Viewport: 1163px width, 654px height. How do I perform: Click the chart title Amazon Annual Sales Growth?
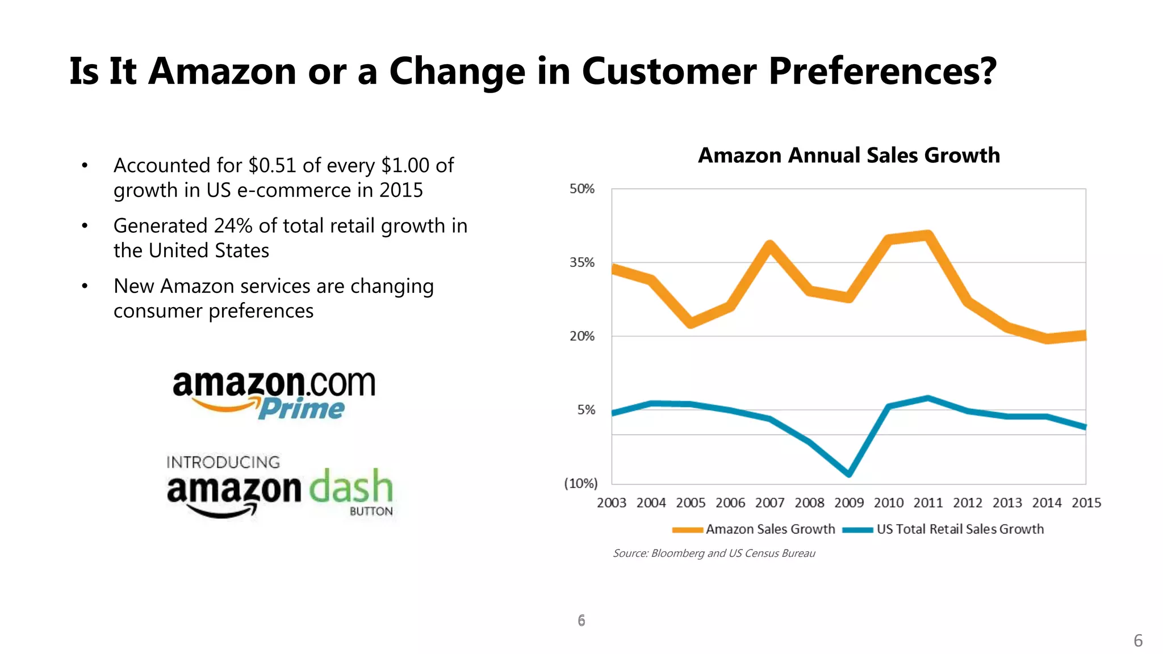(848, 156)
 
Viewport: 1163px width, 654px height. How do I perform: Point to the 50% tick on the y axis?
(582, 189)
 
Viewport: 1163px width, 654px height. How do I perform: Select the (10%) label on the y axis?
(580, 484)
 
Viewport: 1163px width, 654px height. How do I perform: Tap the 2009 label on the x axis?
(848, 503)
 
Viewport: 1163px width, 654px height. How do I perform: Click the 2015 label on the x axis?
(1086, 503)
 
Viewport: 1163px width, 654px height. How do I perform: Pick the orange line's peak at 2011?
(928, 235)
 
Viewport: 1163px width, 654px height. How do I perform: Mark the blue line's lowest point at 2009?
(848, 473)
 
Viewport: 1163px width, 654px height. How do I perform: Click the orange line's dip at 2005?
(691, 323)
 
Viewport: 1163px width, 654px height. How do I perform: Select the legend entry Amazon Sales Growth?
(769, 529)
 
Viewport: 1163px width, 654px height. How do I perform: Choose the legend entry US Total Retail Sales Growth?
(960, 529)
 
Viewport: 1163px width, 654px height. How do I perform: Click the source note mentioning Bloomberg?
(714, 554)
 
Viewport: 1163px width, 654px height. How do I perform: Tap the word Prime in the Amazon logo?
(302, 409)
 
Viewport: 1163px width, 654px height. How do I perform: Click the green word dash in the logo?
(351, 487)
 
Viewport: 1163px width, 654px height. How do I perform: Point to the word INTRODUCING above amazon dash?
(223, 462)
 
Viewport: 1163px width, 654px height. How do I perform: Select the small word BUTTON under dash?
(371, 512)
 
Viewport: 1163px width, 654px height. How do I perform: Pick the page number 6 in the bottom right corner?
(1138, 640)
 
